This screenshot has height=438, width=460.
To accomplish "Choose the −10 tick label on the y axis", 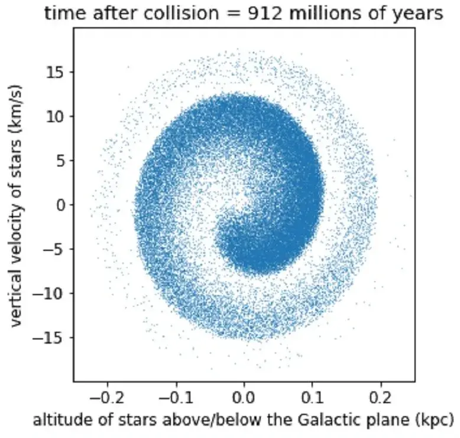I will click(53, 293).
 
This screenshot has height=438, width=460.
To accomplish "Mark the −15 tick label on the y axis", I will click(53, 338).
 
